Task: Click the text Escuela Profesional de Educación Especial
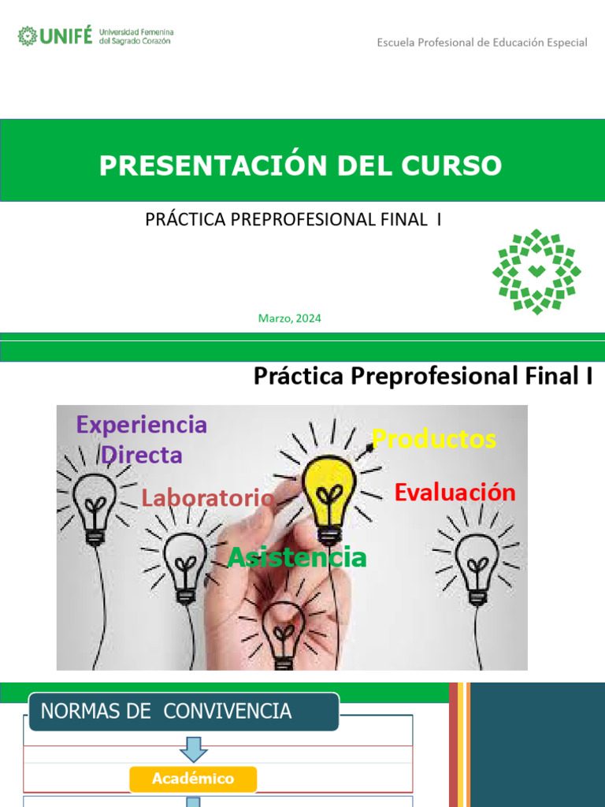point(482,43)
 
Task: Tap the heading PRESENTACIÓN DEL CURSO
point(300,165)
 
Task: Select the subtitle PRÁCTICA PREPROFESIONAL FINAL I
point(293,220)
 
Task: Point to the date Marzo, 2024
point(289,318)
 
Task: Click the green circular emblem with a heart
point(536,272)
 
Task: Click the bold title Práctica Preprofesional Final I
point(423,377)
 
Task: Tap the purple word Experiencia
point(142,425)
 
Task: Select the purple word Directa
point(142,455)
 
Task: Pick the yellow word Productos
point(434,439)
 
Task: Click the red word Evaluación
point(455,493)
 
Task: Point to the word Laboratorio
point(208,498)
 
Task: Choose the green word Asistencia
point(297,557)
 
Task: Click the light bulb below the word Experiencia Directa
point(95,504)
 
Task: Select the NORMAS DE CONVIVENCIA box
point(184,712)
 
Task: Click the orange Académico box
point(193,779)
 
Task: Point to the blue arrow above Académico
point(193,749)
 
